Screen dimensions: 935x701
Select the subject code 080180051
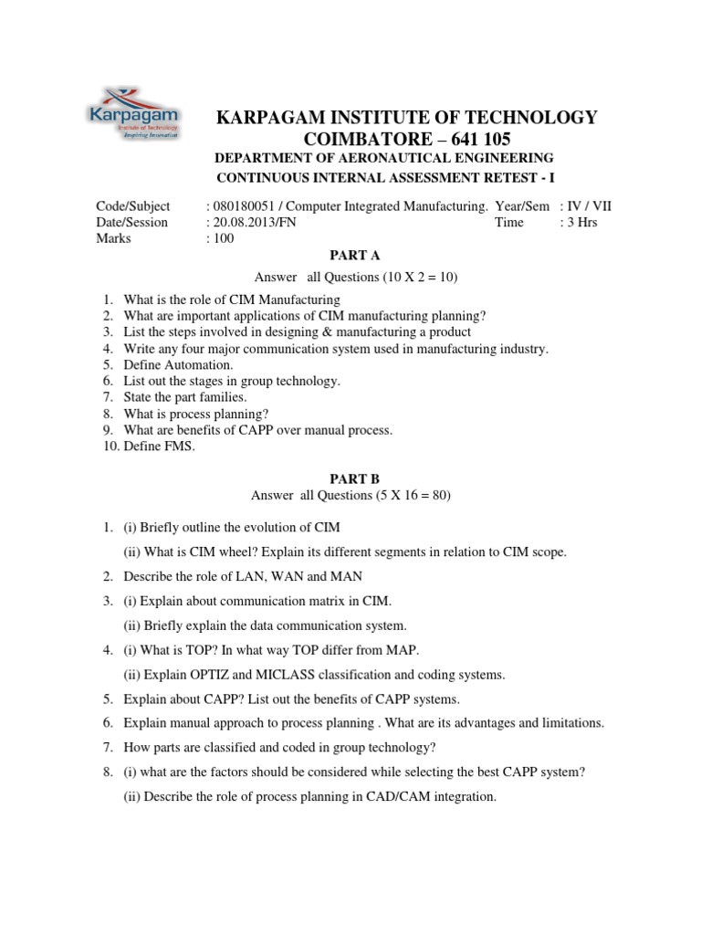pos(241,206)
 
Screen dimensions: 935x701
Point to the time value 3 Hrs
pos(582,222)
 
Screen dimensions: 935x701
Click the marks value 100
pos(224,238)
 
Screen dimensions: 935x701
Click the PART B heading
pos(350,478)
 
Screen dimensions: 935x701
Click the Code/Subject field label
pos(132,206)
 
